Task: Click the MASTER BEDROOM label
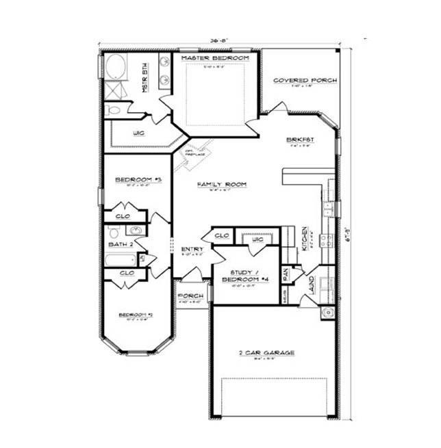coord(214,59)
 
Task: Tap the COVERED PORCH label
coord(305,81)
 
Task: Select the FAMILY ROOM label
coord(221,185)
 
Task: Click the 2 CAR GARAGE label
coord(266,353)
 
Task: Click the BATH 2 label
coord(119,244)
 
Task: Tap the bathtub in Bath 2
coord(121,260)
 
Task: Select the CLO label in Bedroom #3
coord(124,215)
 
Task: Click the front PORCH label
coord(187,296)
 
